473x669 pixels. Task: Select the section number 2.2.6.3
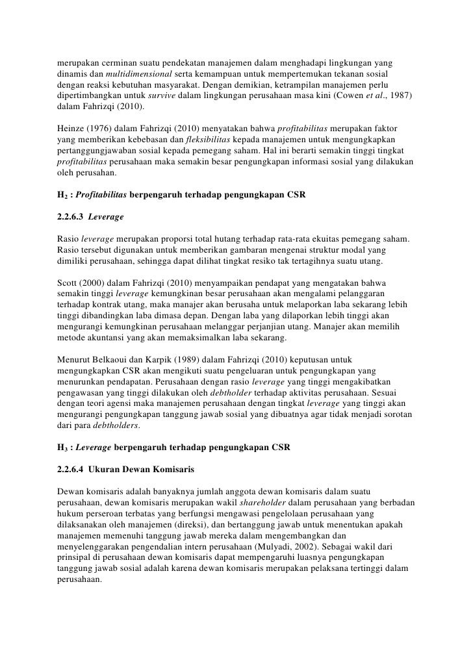click(x=73, y=218)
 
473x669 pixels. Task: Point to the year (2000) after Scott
click(x=96, y=284)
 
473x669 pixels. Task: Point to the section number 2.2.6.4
click(x=73, y=471)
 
